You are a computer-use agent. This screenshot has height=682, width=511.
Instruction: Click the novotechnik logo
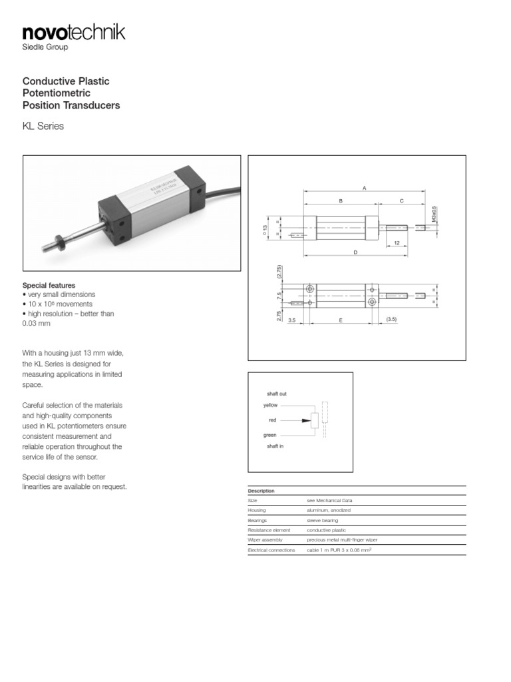click(73, 33)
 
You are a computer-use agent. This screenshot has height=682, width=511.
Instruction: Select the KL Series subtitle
click(43, 126)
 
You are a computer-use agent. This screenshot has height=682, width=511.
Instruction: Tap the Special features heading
click(49, 284)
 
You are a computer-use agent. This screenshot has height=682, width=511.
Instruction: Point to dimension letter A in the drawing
click(364, 188)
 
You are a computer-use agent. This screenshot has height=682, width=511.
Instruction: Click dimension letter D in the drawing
click(355, 252)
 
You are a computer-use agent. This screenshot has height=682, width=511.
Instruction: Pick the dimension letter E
click(340, 320)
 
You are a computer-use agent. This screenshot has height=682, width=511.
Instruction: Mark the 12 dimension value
click(397, 243)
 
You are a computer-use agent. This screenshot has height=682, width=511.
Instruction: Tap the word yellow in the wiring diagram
click(271, 405)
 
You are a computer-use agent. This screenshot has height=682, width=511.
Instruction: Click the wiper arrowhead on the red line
click(306, 420)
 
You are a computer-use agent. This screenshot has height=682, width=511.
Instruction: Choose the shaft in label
click(275, 446)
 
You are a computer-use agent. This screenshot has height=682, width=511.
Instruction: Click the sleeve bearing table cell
click(322, 520)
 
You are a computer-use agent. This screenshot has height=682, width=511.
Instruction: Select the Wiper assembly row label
click(265, 539)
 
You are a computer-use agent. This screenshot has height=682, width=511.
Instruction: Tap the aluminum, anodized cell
click(328, 510)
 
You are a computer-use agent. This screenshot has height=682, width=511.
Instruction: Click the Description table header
click(261, 491)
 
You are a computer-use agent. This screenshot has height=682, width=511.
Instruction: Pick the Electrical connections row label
click(271, 550)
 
